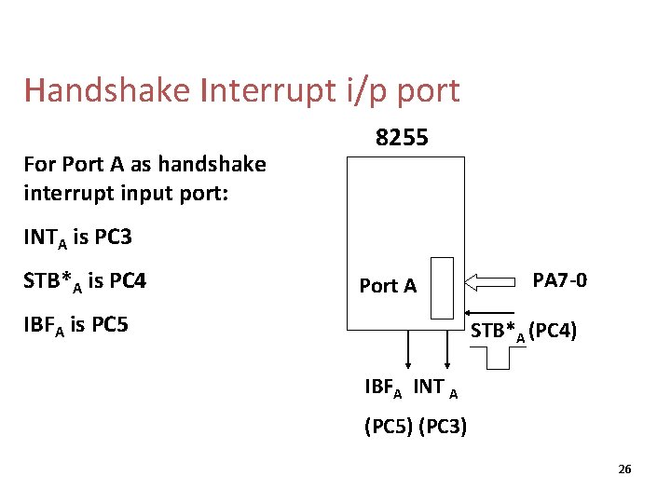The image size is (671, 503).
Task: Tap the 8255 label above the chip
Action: [x=402, y=138]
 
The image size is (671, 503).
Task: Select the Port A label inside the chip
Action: [x=388, y=286]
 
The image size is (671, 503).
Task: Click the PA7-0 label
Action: [x=560, y=279]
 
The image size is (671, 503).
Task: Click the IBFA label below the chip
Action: [x=383, y=387]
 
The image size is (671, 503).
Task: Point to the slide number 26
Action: [x=624, y=469]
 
